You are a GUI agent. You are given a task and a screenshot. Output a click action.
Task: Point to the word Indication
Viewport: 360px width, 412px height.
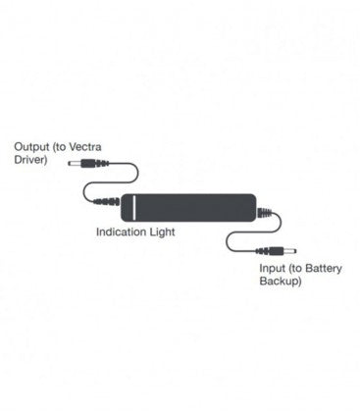coord(123,233)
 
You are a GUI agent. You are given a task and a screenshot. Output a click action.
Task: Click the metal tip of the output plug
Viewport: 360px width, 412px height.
coord(73,166)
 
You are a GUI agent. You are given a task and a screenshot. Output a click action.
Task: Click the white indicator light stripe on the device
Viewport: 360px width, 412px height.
coord(127,207)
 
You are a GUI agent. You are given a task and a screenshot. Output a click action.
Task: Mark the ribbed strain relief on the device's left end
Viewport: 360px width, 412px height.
coord(108,207)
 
